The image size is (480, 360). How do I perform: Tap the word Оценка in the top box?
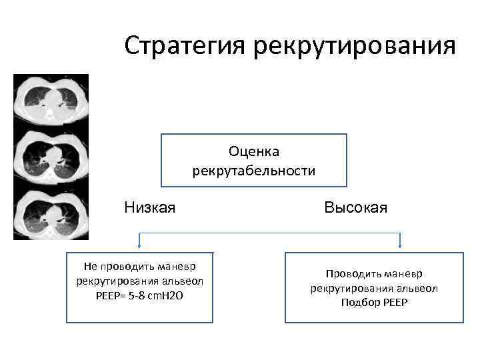click(254, 153)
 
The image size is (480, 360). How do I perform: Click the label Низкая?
click(150, 208)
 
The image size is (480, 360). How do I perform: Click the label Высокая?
click(356, 208)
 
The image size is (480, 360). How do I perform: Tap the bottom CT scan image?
click(51, 213)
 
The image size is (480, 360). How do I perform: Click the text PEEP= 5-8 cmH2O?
click(140, 295)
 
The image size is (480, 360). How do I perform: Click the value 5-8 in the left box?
click(141, 295)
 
